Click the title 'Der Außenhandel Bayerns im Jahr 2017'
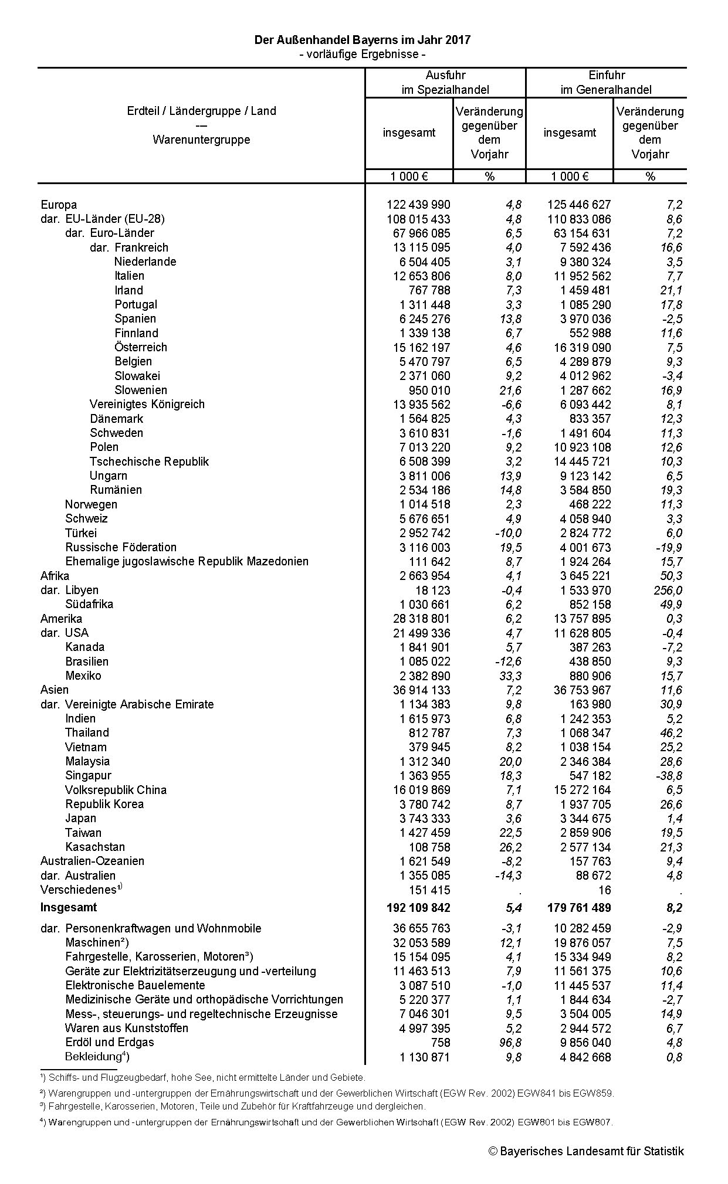[362, 40]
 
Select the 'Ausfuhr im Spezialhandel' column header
[445, 82]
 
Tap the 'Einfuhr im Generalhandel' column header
[606, 82]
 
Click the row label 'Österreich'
[141, 347]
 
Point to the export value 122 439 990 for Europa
[418, 205]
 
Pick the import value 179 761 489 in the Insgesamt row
[579, 908]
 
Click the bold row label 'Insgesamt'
[69, 907]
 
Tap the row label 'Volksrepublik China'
[116, 790]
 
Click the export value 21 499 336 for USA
[418, 633]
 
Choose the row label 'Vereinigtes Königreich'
[147, 404]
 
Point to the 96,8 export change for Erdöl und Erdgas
[509, 1043]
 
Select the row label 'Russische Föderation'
[121, 547]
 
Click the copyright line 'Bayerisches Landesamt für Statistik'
[586, 1151]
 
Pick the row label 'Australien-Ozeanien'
[92, 861]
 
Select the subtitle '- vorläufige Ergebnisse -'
[362, 55]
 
